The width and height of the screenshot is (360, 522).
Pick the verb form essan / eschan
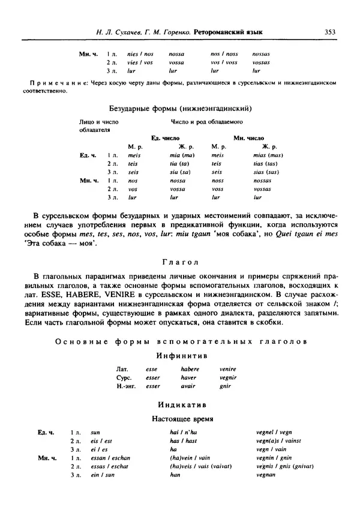110,457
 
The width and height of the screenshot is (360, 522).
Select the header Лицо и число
97,122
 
